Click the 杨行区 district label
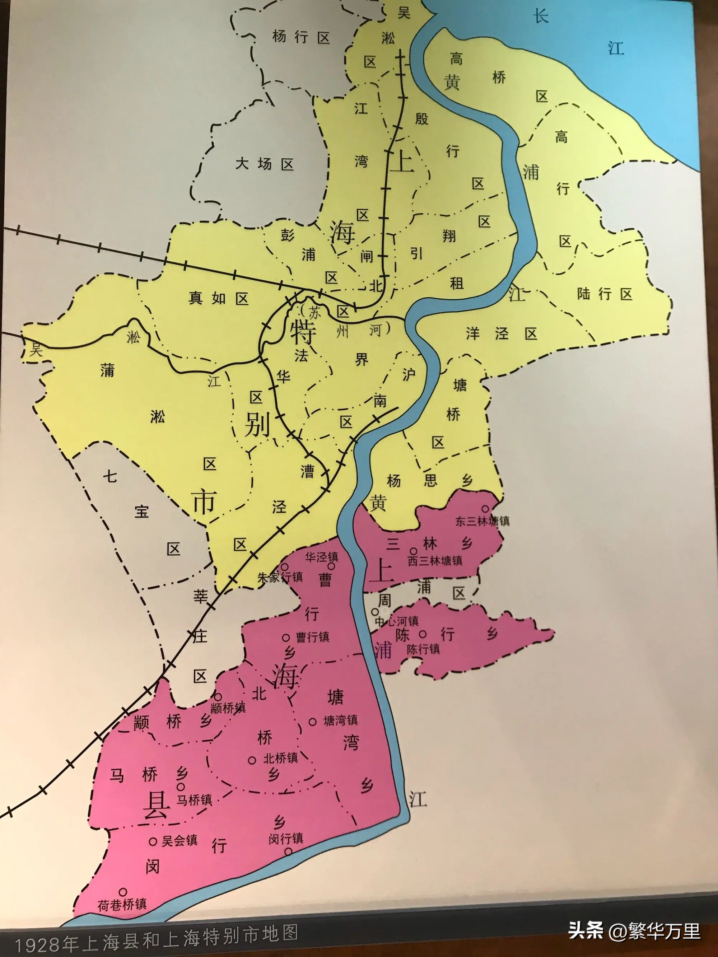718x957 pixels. (301, 37)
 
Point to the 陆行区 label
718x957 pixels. (604, 294)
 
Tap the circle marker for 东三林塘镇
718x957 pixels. (486, 509)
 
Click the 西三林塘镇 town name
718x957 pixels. (435, 561)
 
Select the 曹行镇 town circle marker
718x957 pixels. (286, 637)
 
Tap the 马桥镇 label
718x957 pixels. (194, 799)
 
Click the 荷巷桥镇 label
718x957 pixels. (122, 904)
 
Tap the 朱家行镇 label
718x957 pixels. (280, 577)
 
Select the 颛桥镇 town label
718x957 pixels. (228, 708)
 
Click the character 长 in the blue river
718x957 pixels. (541, 17)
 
